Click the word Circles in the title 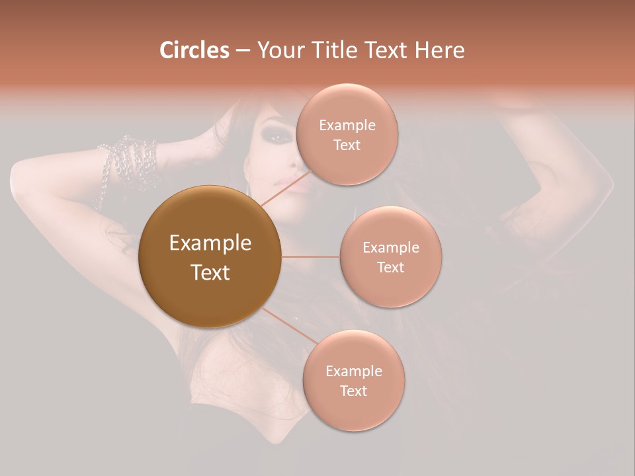[194, 50]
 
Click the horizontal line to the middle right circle [310, 257]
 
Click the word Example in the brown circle [210, 243]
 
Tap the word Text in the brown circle [210, 272]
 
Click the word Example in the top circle [347, 126]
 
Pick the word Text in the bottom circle [353, 391]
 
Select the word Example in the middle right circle [391, 248]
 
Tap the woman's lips [296, 184]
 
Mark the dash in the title [242, 51]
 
